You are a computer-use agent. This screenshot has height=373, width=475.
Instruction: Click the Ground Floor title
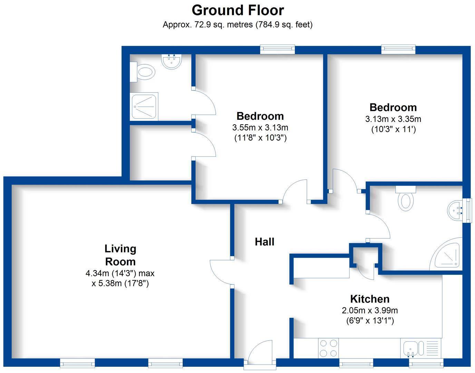pyautogui.click(x=237, y=10)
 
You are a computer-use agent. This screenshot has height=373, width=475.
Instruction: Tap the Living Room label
pyautogui.click(x=120, y=255)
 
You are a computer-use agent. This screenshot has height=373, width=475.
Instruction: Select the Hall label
pyautogui.click(x=264, y=242)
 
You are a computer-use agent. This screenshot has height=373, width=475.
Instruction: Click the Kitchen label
pyautogui.click(x=370, y=299)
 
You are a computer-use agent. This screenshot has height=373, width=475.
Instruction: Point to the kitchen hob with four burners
pyautogui.click(x=328, y=348)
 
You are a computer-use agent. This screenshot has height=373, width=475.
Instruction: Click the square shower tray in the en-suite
pyautogui.click(x=144, y=106)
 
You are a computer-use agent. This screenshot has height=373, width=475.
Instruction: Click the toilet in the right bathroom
pyautogui.click(x=406, y=199)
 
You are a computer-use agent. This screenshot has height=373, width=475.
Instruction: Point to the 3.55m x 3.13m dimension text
pyautogui.click(x=260, y=127)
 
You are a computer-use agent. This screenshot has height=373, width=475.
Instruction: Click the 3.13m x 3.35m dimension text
pyautogui.click(x=393, y=119)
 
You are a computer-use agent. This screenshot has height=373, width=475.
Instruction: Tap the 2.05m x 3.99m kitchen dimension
pyautogui.click(x=370, y=310)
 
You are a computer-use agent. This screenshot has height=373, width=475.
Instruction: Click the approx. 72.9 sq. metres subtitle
pyautogui.click(x=237, y=25)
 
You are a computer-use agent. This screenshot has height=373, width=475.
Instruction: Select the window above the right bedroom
pyautogui.click(x=398, y=49)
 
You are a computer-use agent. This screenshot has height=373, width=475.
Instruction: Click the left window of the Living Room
pyautogui.click(x=77, y=363)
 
